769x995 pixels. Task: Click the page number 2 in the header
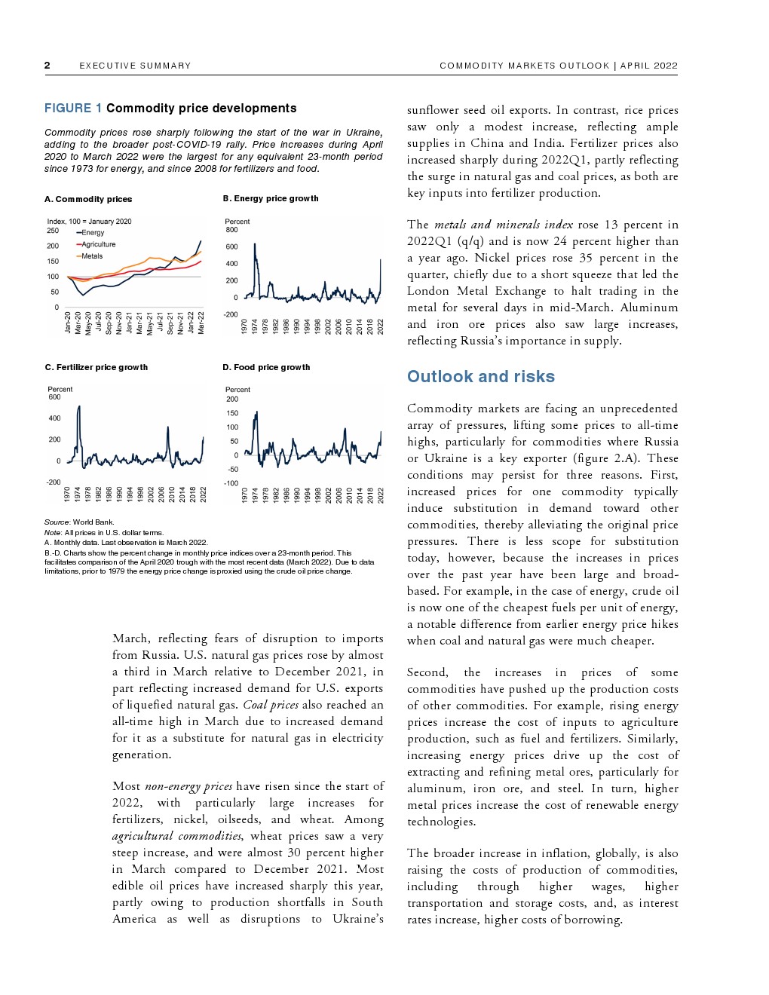click(47, 66)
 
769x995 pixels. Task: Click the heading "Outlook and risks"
click(480, 377)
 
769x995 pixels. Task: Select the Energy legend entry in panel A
click(92, 233)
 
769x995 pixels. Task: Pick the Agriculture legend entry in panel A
click(98, 244)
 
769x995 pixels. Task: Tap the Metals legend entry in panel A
click(91, 256)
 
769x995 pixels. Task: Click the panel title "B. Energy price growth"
click(271, 199)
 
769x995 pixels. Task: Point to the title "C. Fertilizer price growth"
click(97, 368)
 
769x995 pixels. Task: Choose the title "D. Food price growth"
click(266, 368)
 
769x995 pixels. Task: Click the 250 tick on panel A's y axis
click(53, 231)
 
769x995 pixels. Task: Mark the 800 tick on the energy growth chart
click(231, 230)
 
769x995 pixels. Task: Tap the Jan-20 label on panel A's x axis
click(68, 323)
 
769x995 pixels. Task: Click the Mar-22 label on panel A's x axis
click(201, 323)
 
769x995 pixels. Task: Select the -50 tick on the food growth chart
click(234, 469)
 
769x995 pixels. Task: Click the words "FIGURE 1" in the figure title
click(73, 109)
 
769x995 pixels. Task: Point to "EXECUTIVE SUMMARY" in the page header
click(135, 66)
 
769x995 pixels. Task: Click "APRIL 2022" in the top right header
click(649, 66)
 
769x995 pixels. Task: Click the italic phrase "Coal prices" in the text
click(271, 706)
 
